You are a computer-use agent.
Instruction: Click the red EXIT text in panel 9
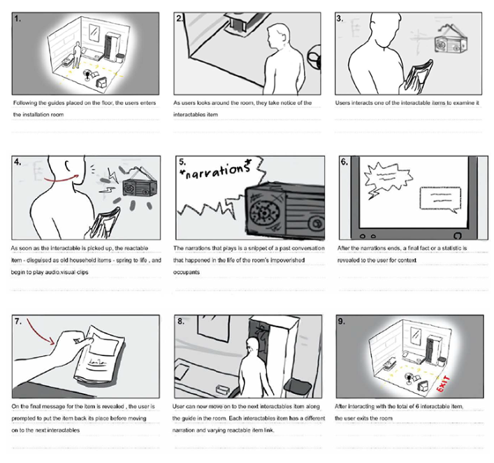443,384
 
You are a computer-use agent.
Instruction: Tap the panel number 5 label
182,162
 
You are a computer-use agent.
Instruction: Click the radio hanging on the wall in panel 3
451,42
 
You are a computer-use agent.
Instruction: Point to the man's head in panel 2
278,36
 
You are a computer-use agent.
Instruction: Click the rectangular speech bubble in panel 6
440,199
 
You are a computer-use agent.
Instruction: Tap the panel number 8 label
181,321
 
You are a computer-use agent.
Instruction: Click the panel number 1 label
17,19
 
